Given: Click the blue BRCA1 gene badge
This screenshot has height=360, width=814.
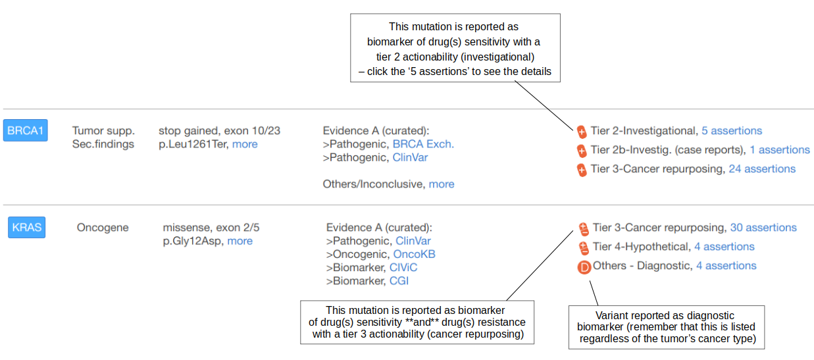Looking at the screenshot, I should tap(25, 130).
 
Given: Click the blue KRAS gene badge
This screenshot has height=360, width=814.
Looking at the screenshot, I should tap(27, 228).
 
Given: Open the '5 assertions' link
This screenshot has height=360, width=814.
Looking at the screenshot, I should tap(732, 130).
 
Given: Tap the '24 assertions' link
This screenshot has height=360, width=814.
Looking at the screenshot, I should tap(762, 168).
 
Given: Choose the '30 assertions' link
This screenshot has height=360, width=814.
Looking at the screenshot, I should tap(763, 227).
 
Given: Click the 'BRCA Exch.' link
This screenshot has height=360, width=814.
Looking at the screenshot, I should tap(423, 143).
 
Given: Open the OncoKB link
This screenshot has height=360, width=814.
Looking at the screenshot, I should tap(414, 254).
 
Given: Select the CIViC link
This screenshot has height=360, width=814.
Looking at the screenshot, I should tap(403, 267).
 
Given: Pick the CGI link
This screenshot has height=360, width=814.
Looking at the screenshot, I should tap(399, 281).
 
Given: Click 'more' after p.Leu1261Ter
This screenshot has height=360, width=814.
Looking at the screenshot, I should tap(245, 143).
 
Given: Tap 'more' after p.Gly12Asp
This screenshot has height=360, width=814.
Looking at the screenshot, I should tap(240, 241).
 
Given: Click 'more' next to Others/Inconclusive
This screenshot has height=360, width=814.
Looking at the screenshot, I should tap(442, 184).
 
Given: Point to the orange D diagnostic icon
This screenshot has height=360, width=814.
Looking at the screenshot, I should tap(583, 267).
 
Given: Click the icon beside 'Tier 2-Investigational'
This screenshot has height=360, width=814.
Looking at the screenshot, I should tap(582, 131).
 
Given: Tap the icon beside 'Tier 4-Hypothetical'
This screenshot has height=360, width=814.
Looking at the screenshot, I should tap(583, 247).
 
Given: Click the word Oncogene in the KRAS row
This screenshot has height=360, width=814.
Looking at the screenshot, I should tap(103, 227).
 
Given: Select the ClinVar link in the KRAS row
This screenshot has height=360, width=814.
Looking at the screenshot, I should tap(413, 241).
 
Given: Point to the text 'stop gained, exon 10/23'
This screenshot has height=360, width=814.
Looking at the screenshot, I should tap(219, 130).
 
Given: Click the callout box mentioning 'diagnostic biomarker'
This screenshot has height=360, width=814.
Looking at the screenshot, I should tap(667, 327).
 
